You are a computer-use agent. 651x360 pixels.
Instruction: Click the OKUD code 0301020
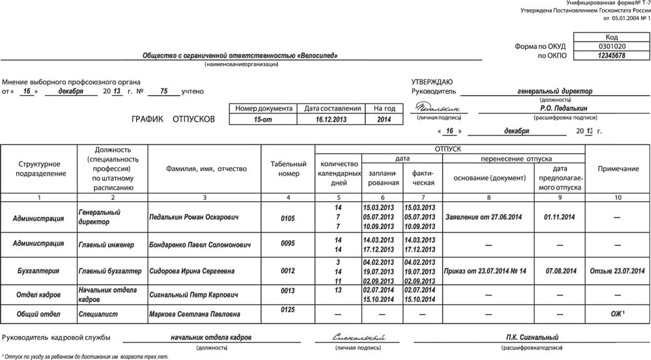(x=611, y=47)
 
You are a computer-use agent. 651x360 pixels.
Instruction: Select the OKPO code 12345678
(x=611, y=56)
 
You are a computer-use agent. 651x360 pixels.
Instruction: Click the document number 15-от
(x=262, y=120)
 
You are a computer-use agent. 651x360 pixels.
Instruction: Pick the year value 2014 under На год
(x=384, y=120)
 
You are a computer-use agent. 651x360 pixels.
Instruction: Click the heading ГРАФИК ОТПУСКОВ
(x=173, y=120)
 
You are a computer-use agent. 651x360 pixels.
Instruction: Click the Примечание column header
(x=618, y=169)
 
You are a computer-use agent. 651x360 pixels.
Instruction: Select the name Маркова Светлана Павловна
(x=194, y=314)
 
